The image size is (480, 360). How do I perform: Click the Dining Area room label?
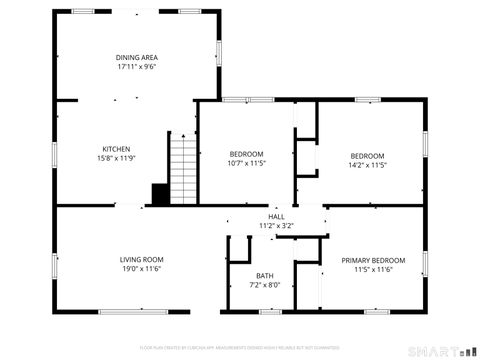(x=137, y=57)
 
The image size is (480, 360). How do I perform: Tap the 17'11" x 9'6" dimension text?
(x=137, y=67)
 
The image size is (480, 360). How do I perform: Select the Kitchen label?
(x=117, y=148)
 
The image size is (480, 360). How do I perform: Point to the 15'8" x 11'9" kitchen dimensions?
(x=117, y=158)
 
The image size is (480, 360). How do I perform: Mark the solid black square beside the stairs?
(x=158, y=193)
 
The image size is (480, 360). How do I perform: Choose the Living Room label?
(x=141, y=260)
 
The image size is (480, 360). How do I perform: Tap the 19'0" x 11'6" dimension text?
(x=141, y=269)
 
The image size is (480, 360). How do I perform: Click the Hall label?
(x=277, y=217)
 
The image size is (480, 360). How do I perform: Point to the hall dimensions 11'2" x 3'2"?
(x=277, y=226)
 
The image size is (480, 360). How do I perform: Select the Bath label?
(x=264, y=276)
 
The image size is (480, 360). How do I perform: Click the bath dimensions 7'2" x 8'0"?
(x=264, y=285)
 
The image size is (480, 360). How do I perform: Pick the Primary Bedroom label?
(x=373, y=260)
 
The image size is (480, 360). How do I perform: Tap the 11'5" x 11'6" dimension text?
(x=373, y=269)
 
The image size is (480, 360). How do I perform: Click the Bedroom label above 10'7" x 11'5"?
(x=247, y=153)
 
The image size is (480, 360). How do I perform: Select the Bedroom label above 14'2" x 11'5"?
(x=367, y=155)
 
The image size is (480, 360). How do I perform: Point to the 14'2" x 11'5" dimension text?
(x=367, y=165)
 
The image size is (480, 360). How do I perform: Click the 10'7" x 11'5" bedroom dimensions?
(x=247, y=163)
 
